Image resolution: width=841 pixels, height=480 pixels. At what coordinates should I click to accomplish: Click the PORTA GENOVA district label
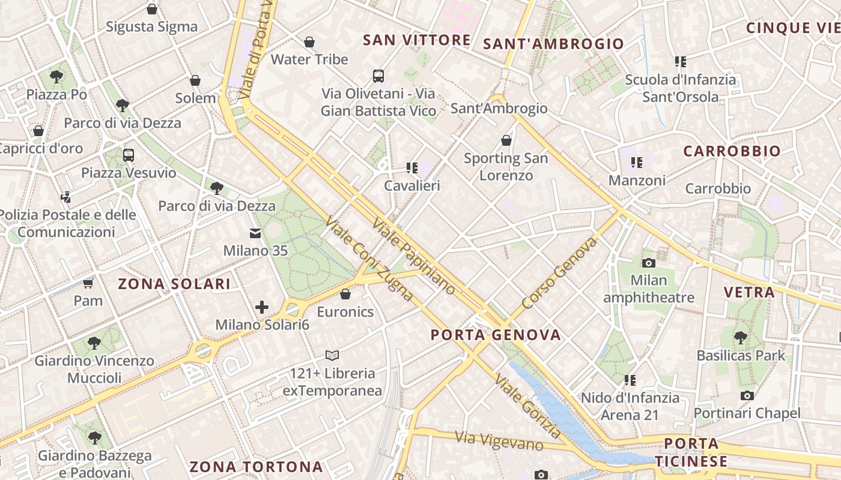(x=496, y=335)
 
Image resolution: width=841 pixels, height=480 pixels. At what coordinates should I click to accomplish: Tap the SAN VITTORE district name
(x=417, y=40)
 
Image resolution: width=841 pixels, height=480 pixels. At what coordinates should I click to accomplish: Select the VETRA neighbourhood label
(x=749, y=292)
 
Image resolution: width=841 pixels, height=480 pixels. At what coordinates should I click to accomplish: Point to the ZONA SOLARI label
(x=174, y=284)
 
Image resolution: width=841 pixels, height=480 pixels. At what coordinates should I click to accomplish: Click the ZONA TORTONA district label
(x=257, y=466)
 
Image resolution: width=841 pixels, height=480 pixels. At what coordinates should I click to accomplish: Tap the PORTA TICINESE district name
(x=691, y=452)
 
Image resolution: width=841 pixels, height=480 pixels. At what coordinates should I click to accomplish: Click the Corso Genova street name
(x=560, y=273)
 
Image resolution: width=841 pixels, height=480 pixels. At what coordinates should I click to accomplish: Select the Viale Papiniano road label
(x=414, y=256)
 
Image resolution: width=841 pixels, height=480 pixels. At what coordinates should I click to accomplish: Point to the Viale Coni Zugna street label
(x=369, y=259)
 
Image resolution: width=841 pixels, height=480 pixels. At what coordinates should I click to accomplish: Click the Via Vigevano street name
(x=499, y=441)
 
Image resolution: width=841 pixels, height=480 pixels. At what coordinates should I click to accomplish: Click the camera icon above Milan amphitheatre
(x=649, y=263)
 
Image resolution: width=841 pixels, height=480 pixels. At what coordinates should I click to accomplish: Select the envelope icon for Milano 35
(x=255, y=233)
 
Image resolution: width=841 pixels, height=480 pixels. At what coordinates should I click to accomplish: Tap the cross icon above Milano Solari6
(x=262, y=307)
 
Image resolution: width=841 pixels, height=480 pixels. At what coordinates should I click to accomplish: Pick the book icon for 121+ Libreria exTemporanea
(x=332, y=355)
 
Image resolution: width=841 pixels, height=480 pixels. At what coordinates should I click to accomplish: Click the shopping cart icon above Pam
(x=88, y=283)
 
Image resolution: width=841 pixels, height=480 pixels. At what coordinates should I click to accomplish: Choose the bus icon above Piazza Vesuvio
(x=129, y=155)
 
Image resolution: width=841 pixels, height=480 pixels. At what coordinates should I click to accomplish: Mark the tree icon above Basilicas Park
(x=741, y=338)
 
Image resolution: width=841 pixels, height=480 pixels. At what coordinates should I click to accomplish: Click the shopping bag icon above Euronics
(x=345, y=294)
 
